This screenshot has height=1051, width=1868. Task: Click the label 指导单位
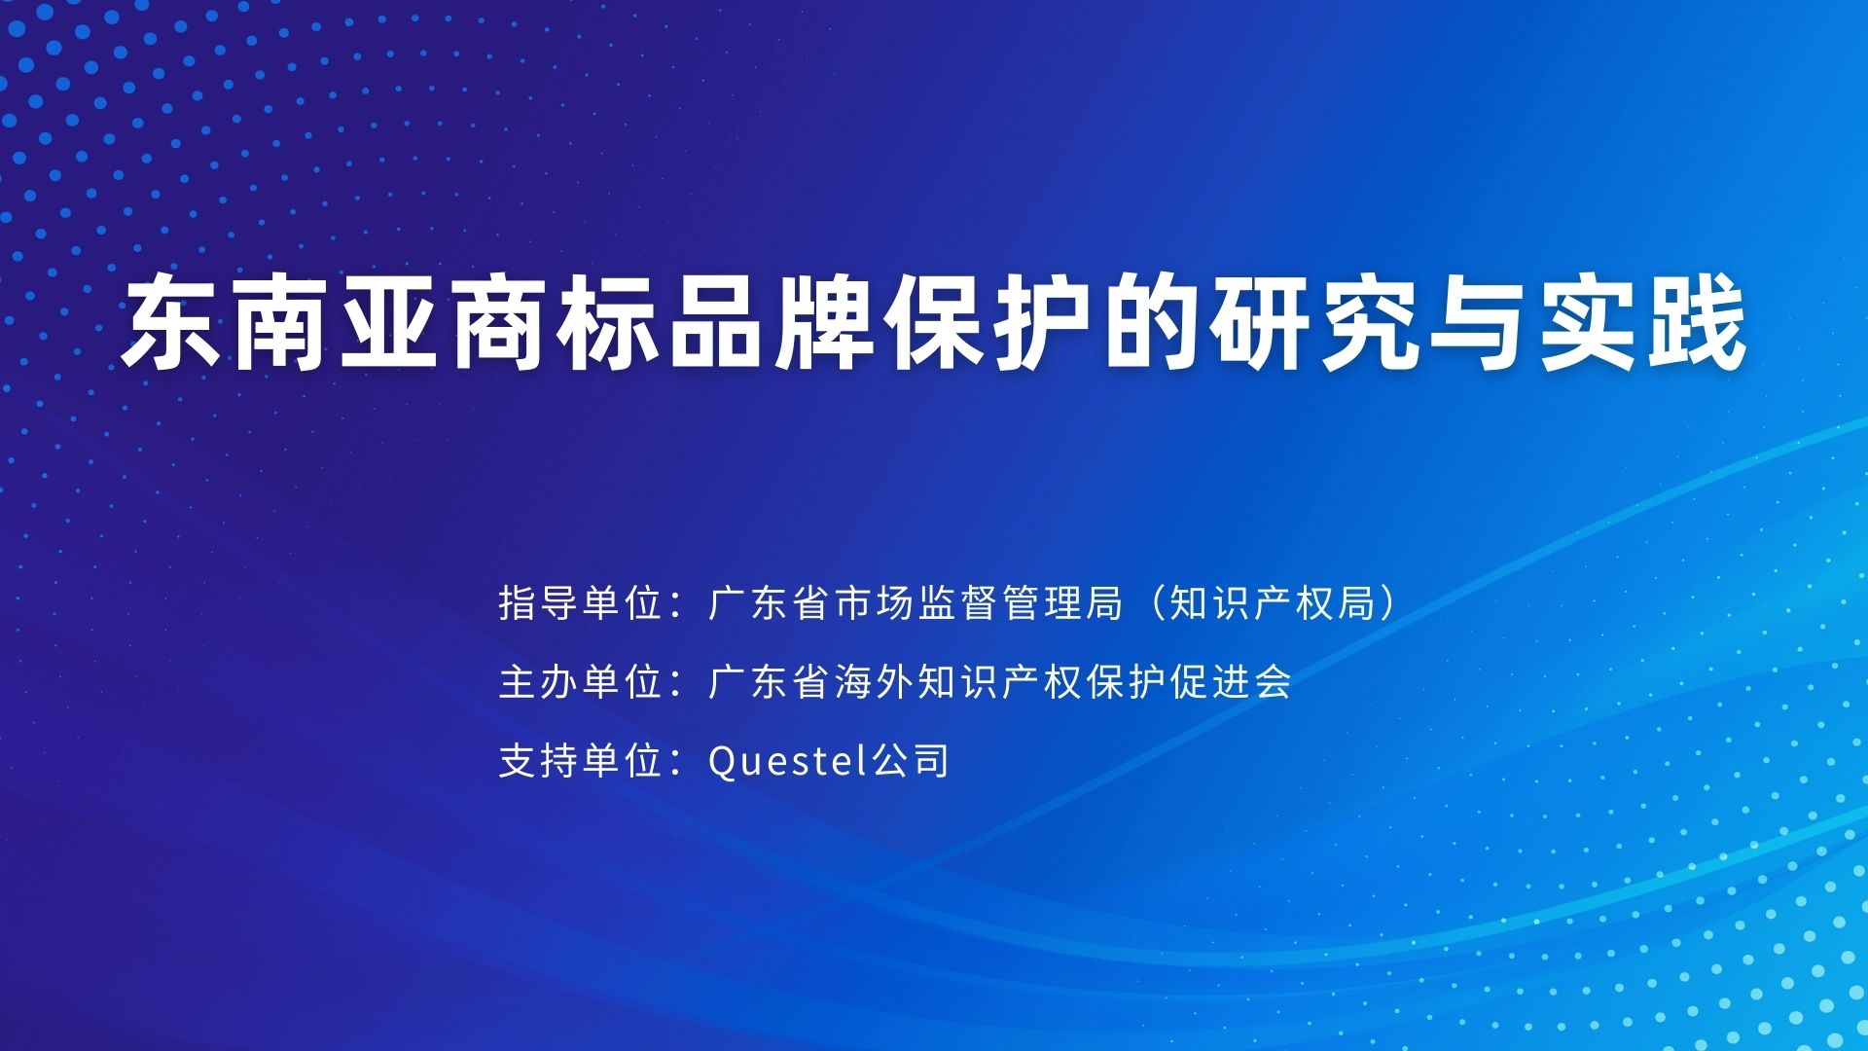pyautogui.click(x=580, y=603)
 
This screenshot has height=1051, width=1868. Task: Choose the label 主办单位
pyautogui.click(x=580, y=681)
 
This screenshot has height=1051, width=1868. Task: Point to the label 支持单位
pyautogui.click(x=580, y=760)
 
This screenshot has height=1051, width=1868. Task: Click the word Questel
pyautogui.click(x=788, y=760)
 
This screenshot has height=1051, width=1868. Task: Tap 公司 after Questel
pyautogui.click(x=910, y=760)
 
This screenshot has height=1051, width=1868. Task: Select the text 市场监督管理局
pyautogui.click(x=979, y=603)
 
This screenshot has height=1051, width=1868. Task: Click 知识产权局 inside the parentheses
pyautogui.click(x=1272, y=603)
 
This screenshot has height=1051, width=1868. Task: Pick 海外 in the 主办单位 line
pyautogui.click(x=875, y=681)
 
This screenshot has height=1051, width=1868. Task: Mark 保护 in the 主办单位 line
pyautogui.click(x=1127, y=681)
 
